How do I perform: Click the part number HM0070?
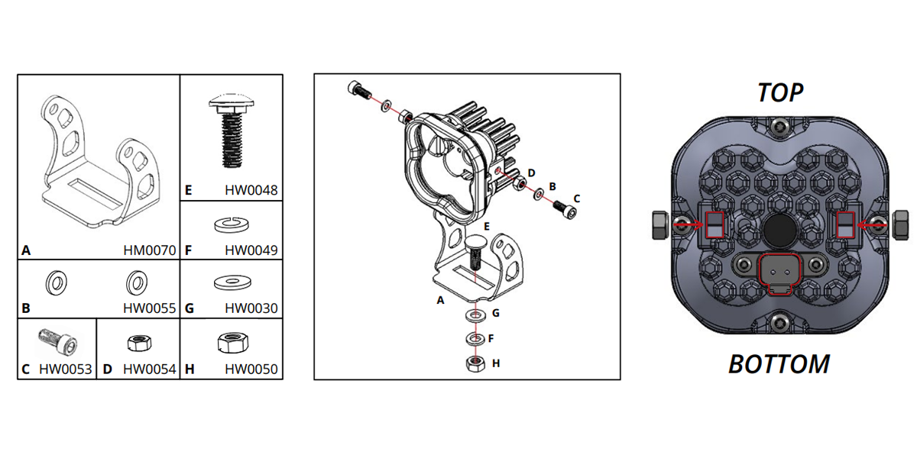tap(149, 250)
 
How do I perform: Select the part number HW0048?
tap(251, 191)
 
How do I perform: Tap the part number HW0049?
tap(251, 250)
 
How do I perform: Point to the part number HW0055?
tap(149, 309)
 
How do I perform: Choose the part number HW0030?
tap(251, 309)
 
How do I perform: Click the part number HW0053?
tap(66, 369)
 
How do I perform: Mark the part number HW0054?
tap(149, 369)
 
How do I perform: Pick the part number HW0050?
tap(251, 369)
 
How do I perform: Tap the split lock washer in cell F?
tap(231, 224)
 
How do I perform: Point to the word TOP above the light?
tap(780, 92)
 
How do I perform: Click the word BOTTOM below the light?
tap(779, 364)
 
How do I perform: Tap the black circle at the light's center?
tap(778, 228)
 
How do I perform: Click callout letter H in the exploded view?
tap(496, 363)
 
